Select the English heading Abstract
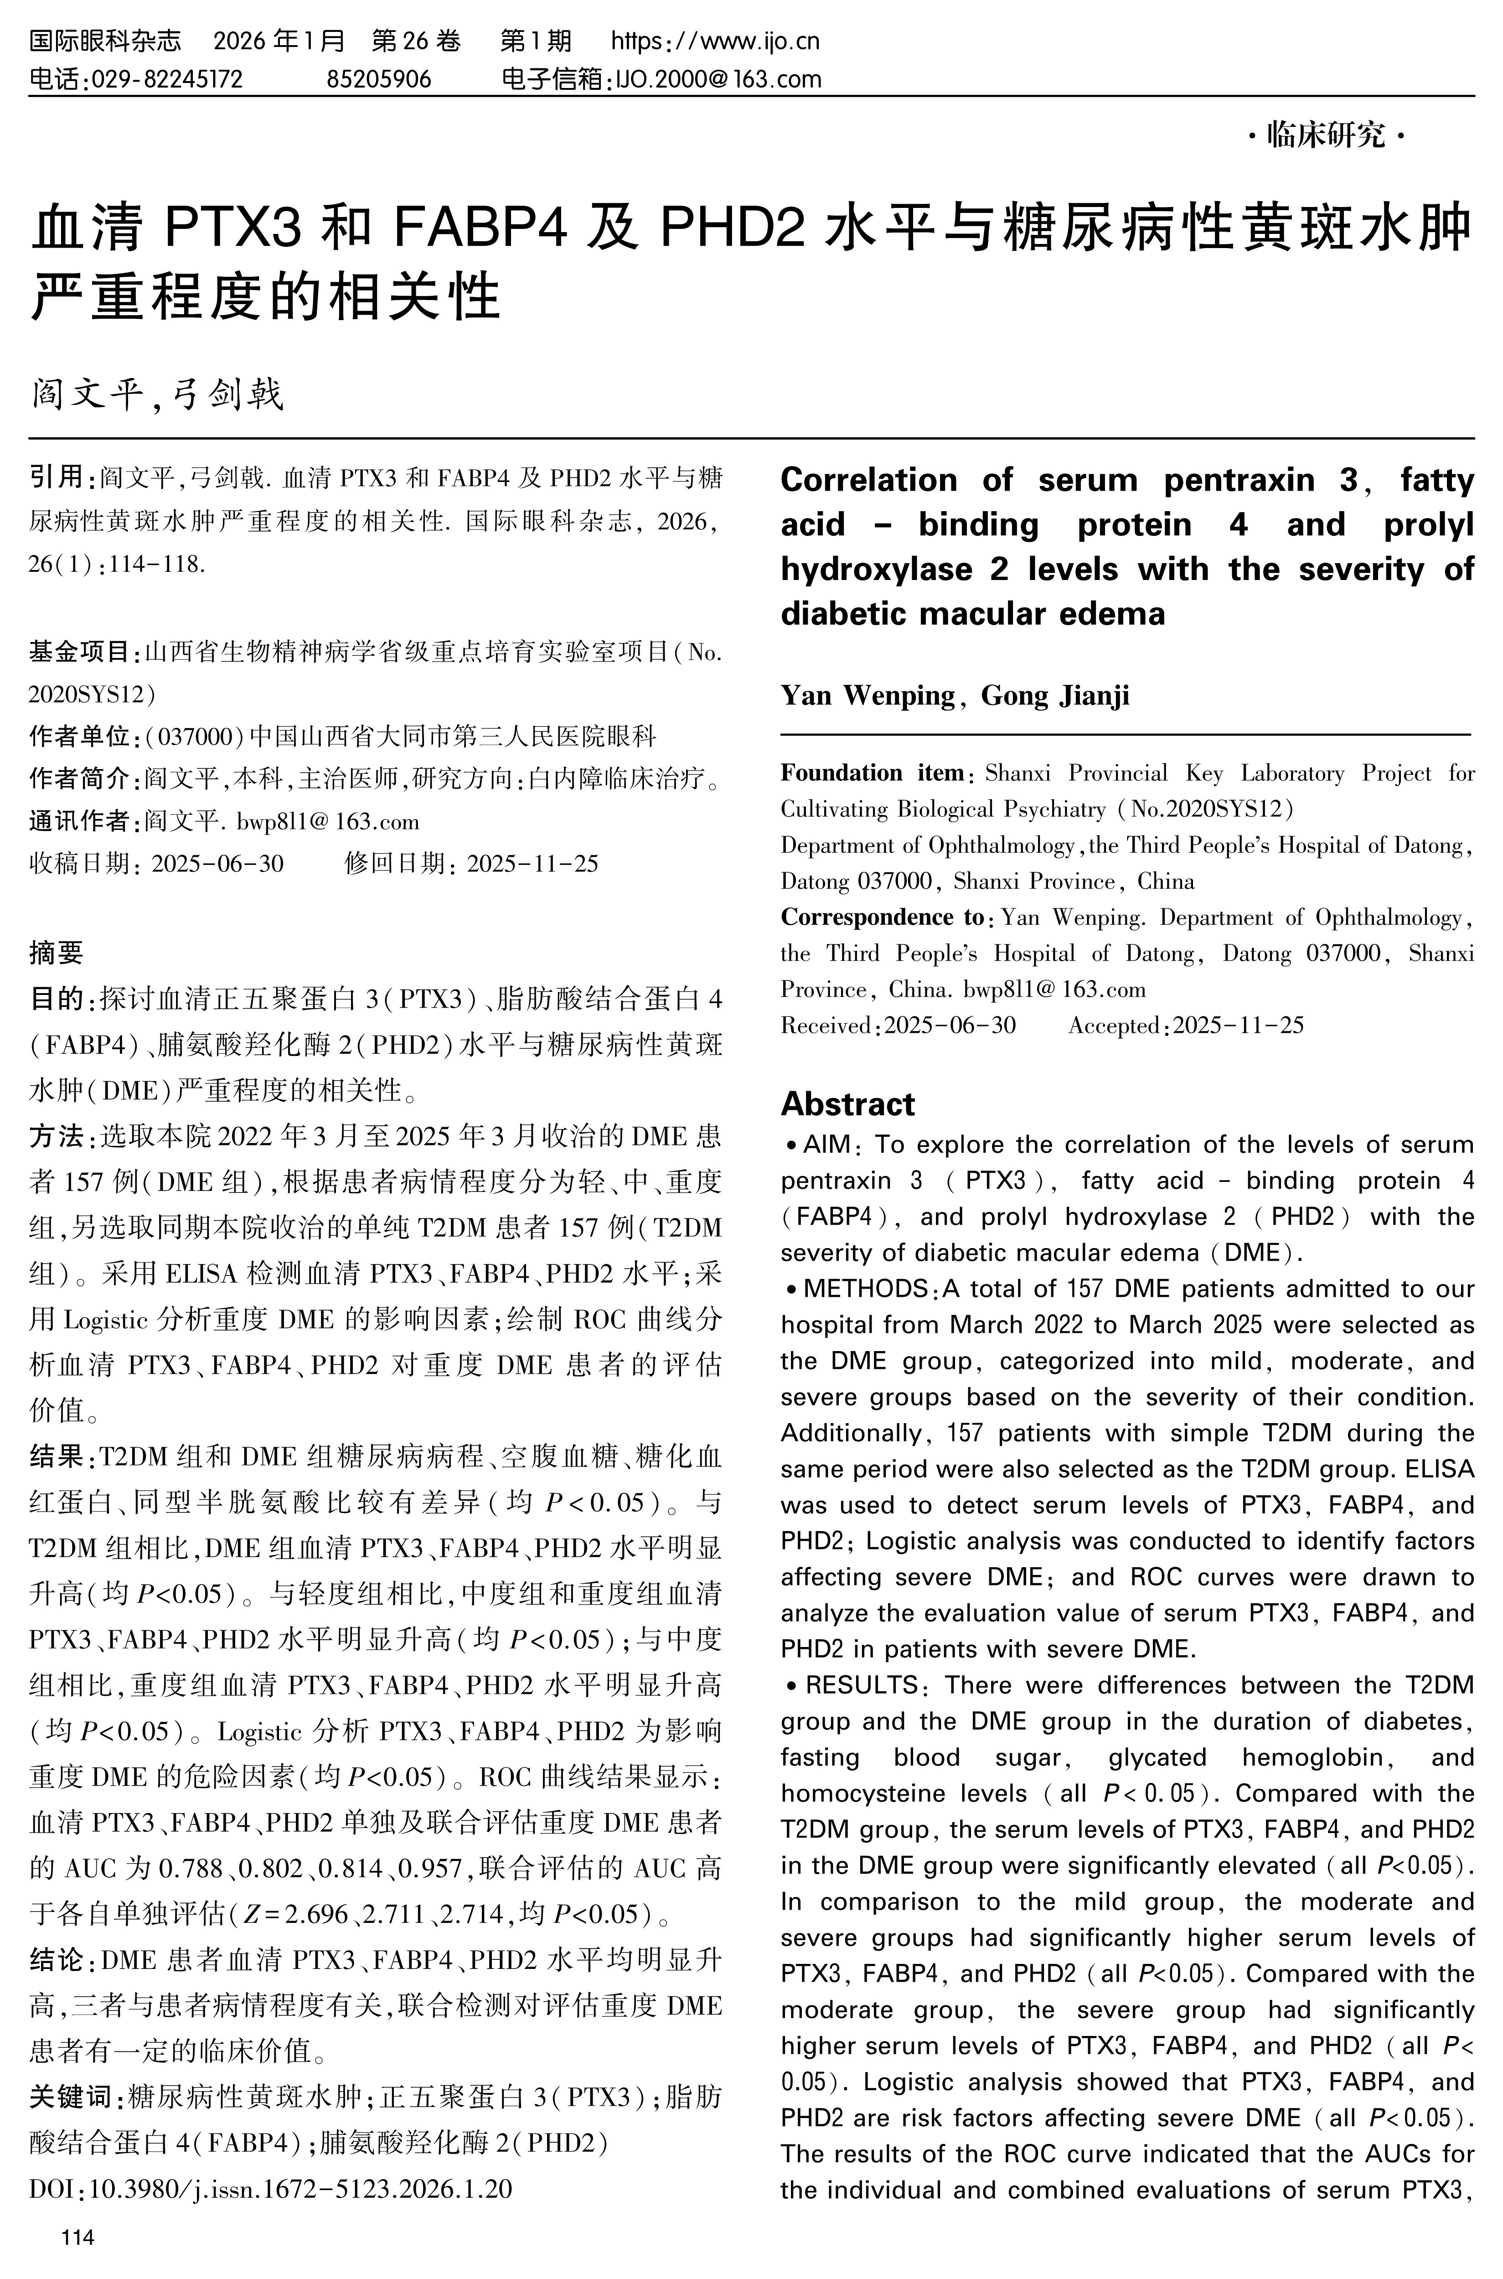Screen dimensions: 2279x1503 pos(847,1103)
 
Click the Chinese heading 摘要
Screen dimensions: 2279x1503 pos(56,952)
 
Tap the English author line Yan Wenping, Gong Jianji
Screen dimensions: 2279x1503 pos(955,695)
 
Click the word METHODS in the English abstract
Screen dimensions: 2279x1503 pos(867,1289)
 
